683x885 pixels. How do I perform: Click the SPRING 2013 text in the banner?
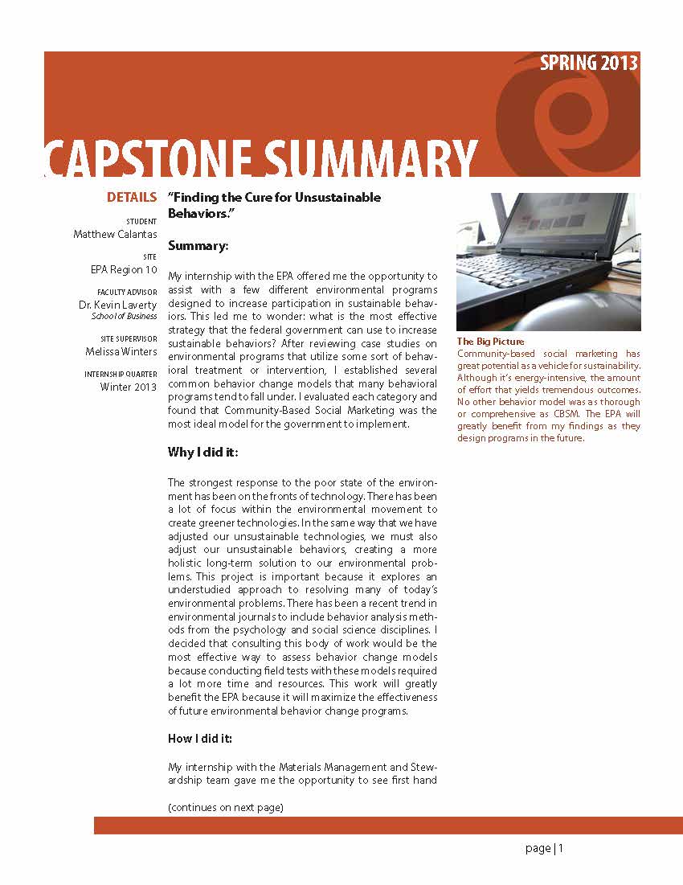pyautogui.click(x=589, y=64)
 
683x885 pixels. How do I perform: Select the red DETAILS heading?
pyautogui.click(x=132, y=198)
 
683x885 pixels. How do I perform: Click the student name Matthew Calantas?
pyautogui.click(x=116, y=235)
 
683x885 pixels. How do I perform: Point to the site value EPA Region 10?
pyautogui.click(x=124, y=270)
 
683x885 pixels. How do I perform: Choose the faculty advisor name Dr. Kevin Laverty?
pyautogui.click(x=117, y=305)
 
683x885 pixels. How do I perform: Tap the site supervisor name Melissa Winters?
pyautogui.click(x=121, y=351)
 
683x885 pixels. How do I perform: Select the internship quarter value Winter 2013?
pyautogui.click(x=129, y=387)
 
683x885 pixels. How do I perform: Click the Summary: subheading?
pyautogui.click(x=198, y=245)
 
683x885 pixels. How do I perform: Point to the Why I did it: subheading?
pyautogui.click(x=202, y=453)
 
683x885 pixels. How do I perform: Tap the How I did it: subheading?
pyautogui.click(x=200, y=739)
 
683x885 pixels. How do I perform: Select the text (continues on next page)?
pyautogui.click(x=226, y=807)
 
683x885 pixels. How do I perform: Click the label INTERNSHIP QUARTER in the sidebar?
pyautogui.click(x=121, y=375)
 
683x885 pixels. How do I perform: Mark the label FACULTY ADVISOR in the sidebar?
pyautogui.click(x=127, y=292)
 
